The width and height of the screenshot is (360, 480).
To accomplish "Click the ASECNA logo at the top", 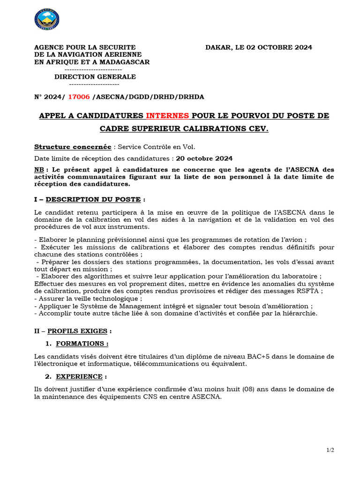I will [x=47, y=20].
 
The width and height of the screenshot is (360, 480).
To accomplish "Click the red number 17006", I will [x=79, y=97].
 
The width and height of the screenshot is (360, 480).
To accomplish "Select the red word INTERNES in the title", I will [x=167, y=116].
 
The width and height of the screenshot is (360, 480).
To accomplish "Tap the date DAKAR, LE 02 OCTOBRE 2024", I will [x=259, y=47].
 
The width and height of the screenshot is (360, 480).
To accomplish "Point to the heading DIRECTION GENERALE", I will [x=95, y=77].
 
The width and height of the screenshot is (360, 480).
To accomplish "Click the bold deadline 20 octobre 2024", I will [x=204, y=158].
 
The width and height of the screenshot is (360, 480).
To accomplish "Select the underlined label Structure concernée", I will [x=73, y=147].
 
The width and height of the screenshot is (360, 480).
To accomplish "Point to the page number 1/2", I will [x=330, y=450].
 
